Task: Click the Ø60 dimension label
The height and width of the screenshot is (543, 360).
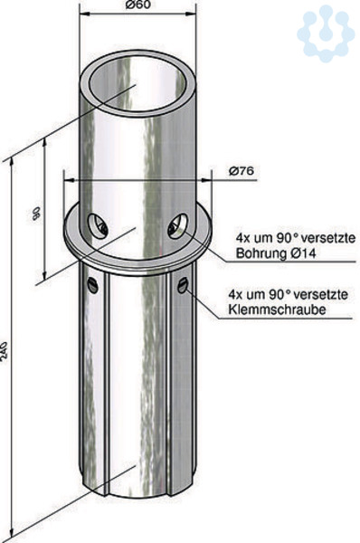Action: (138, 5)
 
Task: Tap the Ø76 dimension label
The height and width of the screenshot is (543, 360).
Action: (242, 171)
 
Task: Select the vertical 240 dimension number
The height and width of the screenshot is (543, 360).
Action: (4, 353)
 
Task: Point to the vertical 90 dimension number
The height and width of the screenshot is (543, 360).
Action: (36, 213)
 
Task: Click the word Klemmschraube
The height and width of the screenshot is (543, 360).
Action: (277, 310)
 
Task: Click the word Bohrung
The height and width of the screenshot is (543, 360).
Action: (260, 253)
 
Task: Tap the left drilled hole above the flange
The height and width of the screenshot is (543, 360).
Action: (98, 227)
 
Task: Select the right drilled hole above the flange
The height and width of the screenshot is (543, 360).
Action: (178, 226)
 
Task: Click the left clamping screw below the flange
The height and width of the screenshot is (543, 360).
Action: (93, 285)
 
